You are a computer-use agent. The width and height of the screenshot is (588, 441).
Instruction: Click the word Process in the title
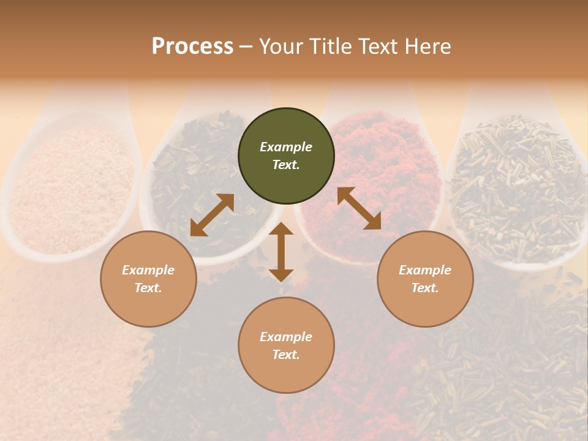click(x=192, y=47)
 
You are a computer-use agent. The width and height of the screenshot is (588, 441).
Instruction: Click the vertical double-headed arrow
click(x=281, y=252)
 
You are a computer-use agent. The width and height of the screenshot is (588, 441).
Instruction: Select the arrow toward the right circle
click(x=359, y=208)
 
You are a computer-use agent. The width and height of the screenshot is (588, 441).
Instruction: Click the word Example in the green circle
click(x=286, y=147)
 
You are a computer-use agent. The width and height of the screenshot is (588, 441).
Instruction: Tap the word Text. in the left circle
click(x=148, y=288)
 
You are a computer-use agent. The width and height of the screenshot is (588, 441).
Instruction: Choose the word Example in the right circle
click(x=425, y=270)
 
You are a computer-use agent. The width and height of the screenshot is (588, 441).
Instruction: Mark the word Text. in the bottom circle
click(x=286, y=355)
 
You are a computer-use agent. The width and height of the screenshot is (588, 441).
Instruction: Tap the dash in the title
click(x=246, y=47)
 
